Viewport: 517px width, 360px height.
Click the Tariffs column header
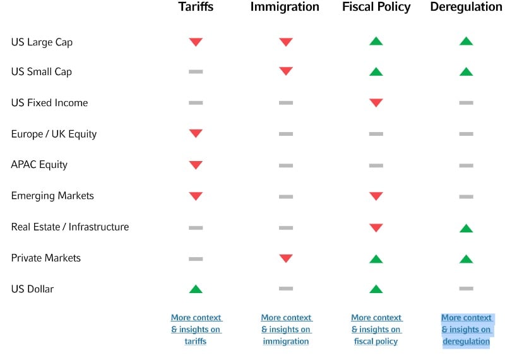196,7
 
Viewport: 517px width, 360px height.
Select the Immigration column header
285,7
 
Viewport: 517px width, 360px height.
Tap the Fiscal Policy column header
376,7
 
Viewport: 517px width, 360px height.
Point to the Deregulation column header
466,7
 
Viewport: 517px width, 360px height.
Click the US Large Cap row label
42,42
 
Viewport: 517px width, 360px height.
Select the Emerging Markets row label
52,196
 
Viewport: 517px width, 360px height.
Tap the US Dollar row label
32,289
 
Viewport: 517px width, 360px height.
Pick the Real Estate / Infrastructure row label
70,227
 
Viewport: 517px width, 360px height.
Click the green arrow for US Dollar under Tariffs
196,289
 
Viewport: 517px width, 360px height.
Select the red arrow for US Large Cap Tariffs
196,42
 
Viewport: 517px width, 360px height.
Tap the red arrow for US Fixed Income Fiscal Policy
376,102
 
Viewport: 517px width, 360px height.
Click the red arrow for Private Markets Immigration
286,258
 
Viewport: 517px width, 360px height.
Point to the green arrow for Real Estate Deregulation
466,227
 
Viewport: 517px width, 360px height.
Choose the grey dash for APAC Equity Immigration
286,165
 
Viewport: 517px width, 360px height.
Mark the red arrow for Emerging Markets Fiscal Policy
376,196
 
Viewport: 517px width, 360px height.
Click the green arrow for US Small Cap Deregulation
466,71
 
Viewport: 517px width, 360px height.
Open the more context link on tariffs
196,329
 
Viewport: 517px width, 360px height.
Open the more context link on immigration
286,329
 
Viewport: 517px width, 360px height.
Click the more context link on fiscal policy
376,329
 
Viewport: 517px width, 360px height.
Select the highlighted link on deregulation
466,329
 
